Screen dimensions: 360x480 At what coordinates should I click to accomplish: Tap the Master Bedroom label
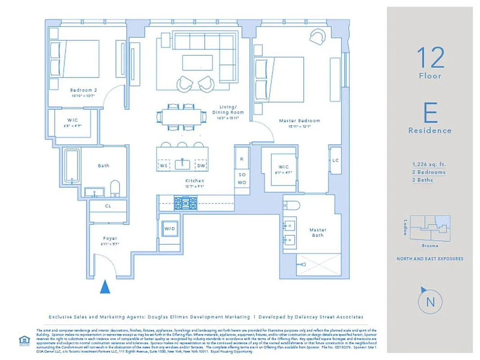[299, 121]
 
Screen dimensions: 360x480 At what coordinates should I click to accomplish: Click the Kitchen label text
[195, 180]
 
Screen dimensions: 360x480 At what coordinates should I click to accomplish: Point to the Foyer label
[110, 238]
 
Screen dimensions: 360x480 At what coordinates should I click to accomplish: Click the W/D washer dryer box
[169, 229]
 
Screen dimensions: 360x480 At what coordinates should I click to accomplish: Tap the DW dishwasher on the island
[202, 166]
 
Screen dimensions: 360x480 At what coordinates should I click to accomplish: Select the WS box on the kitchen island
[164, 166]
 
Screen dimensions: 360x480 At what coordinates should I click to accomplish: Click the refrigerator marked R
[242, 159]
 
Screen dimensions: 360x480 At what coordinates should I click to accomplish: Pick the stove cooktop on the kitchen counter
[186, 203]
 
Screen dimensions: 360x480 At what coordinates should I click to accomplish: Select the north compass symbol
[430, 301]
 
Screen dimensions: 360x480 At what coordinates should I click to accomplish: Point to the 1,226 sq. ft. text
[429, 164]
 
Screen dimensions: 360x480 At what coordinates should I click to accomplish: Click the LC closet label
[336, 161]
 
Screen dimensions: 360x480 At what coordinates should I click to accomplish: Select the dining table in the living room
[182, 117]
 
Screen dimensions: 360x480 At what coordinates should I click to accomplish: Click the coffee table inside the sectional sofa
[197, 62]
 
